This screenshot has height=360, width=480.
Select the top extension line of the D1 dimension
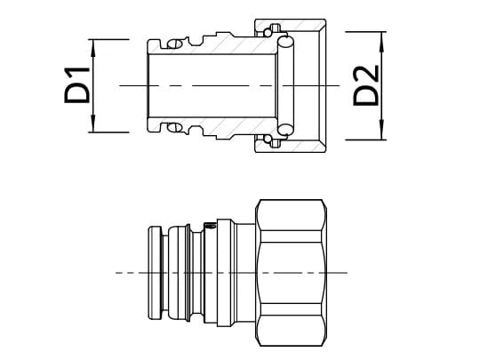(116, 39)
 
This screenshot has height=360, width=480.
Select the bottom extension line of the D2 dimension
(364, 140)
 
